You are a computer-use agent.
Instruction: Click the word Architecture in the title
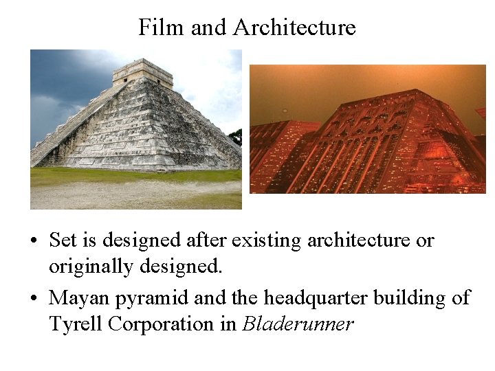tap(294, 27)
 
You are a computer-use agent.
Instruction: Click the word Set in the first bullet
tap(63, 240)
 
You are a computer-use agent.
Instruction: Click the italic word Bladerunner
tap(298, 324)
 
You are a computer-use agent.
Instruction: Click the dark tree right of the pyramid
tap(236, 137)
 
